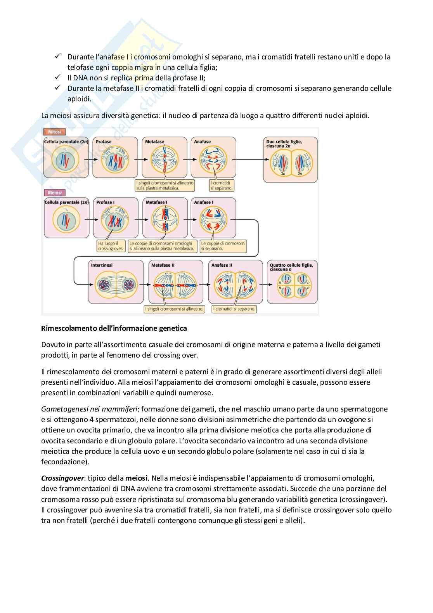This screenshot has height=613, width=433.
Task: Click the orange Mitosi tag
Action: pos(55,132)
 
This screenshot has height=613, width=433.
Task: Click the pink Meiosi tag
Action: pos(55,193)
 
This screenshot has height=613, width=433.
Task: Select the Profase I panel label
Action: pos(106,202)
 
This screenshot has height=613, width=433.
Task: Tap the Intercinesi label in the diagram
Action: pos(102,265)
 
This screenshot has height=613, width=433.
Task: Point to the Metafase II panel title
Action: pos(163,265)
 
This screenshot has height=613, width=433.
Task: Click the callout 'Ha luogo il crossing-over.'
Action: pos(111,246)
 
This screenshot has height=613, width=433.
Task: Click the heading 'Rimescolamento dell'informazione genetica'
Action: pos(114,328)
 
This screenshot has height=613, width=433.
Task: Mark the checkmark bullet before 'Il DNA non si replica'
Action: pos(58,77)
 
